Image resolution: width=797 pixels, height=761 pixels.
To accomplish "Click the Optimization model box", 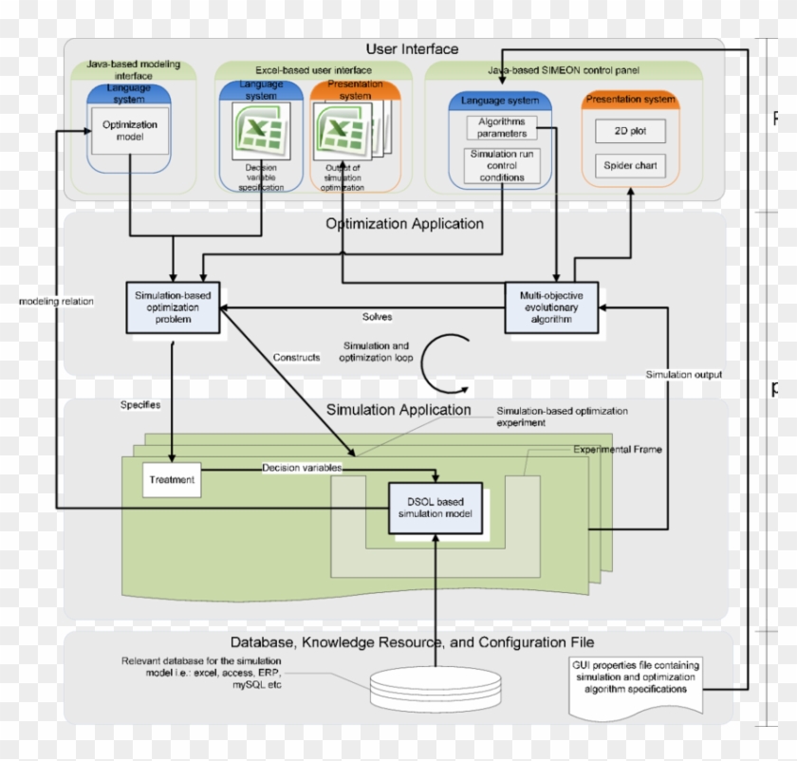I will click(129, 131).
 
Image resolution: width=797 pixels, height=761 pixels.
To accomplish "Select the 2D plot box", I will click(629, 130).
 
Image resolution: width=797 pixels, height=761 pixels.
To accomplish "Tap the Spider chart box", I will click(629, 166).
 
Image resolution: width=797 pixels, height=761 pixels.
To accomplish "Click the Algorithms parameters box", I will click(502, 127).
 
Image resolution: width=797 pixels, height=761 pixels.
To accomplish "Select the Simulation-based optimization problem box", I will click(174, 306).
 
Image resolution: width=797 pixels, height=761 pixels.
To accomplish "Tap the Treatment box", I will click(171, 480).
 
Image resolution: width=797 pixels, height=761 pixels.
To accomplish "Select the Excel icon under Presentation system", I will click(340, 129).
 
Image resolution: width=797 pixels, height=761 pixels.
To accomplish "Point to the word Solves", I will click(377, 316).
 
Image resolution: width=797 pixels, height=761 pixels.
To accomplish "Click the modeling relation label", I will click(56, 302).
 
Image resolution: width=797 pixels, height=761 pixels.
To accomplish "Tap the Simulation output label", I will click(683, 375).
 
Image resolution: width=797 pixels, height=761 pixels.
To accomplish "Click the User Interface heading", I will click(412, 48).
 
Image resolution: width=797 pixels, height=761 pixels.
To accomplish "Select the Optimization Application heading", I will click(404, 225).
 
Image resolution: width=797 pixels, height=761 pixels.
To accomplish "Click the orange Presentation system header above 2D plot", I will click(630, 99).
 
